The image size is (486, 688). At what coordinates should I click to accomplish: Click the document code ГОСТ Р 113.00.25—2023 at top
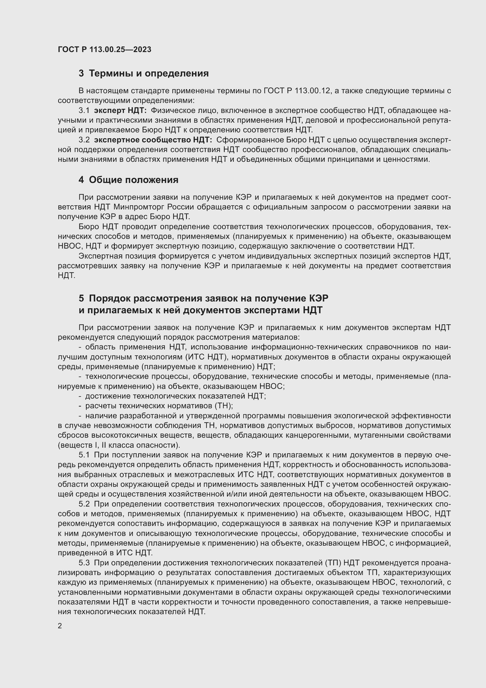(104, 49)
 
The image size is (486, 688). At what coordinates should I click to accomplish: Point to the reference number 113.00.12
(312, 91)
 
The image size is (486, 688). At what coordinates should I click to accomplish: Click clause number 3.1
(84, 111)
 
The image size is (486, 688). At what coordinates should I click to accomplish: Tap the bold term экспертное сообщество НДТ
(153, 140)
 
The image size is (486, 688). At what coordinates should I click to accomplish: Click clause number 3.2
(84, 140)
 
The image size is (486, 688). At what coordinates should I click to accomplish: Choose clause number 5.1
(84, 455)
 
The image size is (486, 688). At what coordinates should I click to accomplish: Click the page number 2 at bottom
(60, 626)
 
